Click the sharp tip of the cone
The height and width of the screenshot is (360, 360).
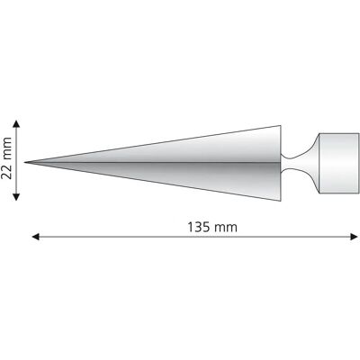tap(25, 162)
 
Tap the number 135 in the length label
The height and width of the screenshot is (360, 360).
tap(200, 227)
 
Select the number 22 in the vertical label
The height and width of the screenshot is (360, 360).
tap(6, 171)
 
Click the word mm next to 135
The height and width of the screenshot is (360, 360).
tap(227, 228)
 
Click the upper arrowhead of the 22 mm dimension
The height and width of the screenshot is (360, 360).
tap(16, 123)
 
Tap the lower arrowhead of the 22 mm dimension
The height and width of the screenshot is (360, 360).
tap(16, 197)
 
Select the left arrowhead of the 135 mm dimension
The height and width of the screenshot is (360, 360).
tap(35, 237)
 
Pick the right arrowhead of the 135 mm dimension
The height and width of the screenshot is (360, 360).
tap(355, 237)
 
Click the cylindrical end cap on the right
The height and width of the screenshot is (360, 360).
tap(338, 163)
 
